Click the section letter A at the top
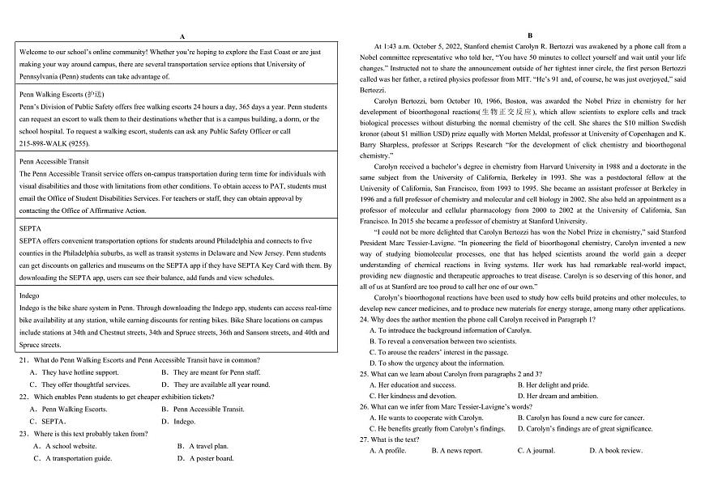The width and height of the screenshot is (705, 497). pyautogui.click(x=182, y=36)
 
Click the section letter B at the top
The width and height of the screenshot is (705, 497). pyautogui.click(x=529, y=36)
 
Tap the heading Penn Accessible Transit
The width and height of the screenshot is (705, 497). pyautogui.click(x=53, y=161)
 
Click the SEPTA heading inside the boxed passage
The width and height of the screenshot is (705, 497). pyautogui.click(x=30, y=229)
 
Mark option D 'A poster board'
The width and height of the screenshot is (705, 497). pyautogui.click(x=206, y=458)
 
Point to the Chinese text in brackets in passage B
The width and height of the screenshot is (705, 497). pyautogui.click(x=506, y=112)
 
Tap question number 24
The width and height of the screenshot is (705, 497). pyautogui.click(x=365, y=319)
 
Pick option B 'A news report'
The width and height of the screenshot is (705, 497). pyautogui.click(x=457, y=451)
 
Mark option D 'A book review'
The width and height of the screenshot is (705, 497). pyautogui.click(x=615, y=451)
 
